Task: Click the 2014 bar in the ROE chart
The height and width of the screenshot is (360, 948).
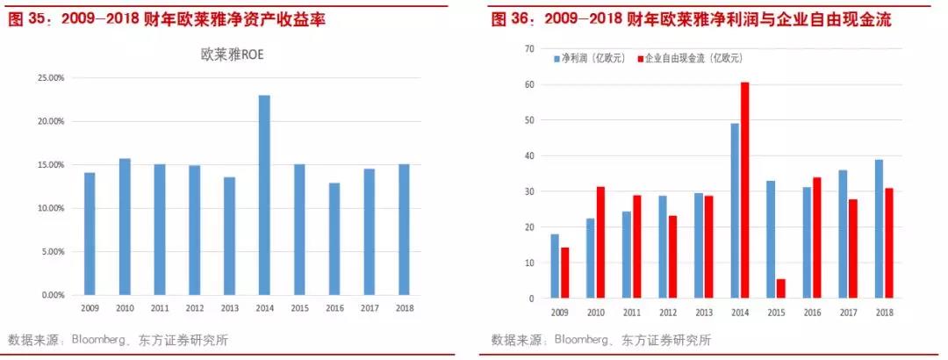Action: click(x=264, y=195)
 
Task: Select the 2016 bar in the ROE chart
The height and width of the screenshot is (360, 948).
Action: click(x=334, y=239)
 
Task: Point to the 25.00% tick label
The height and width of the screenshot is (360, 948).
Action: click(x=50, y=78)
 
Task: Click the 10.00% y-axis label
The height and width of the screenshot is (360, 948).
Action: click(x=50, y=209)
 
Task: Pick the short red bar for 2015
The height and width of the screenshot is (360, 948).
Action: click(x=780, y=289)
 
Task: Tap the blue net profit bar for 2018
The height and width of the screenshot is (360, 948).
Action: click(x=878, y=229)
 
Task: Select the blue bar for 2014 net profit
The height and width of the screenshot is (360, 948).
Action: click(x=734, y=211)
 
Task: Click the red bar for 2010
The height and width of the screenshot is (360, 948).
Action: click(x=600, y=242)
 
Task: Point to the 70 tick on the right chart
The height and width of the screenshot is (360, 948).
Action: click(x=529, y=49)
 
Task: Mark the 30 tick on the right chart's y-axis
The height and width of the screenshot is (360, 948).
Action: click(x=529, y=191)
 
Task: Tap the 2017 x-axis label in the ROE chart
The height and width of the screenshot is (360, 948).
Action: click(x=369, y=309)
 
